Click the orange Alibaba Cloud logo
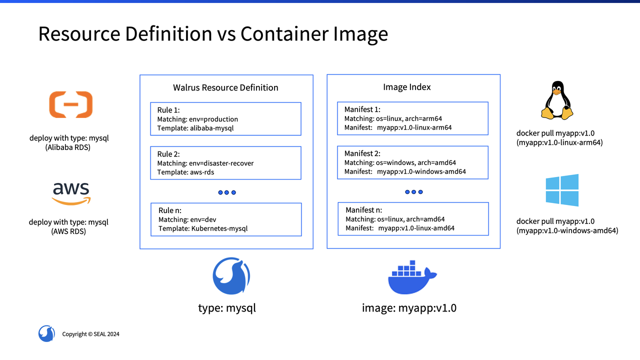pos(70,104)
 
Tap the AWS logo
pos(70,193)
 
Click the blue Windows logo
pos(562,190)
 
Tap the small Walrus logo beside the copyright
pos(46,333)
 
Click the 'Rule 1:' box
pos(225,118)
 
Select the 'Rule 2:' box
pos(225,162)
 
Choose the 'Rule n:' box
pos(226,219)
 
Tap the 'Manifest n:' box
pos(413,218)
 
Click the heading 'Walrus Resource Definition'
pos(225,87)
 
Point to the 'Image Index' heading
pos(407,87)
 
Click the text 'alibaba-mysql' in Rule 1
pos(212,128)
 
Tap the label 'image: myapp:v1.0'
pos(409,308)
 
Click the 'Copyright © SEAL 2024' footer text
pos(90,334)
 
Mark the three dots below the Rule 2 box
pos(226,192)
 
